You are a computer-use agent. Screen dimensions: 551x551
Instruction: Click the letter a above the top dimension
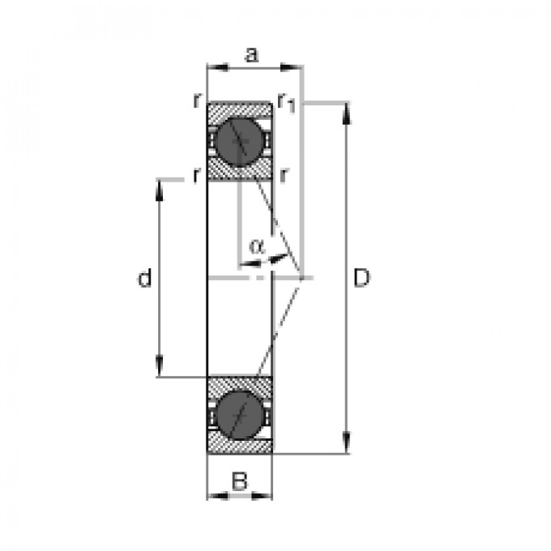pos(251,55)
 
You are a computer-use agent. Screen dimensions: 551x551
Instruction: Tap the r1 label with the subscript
pos(285,101)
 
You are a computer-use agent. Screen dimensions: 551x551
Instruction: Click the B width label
pos(238,481)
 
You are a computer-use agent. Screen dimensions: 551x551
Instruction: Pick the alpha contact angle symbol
pos(256,246)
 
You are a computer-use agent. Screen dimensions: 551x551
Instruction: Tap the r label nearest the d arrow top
pos(196,174)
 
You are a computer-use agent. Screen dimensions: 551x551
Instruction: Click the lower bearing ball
pos(239,414)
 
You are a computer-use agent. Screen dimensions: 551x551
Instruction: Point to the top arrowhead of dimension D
pos(348,112)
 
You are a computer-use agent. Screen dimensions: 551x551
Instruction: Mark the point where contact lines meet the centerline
pos(301,278)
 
